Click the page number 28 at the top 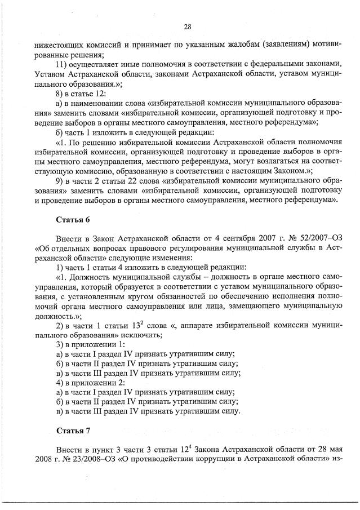[x=188, y=26]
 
